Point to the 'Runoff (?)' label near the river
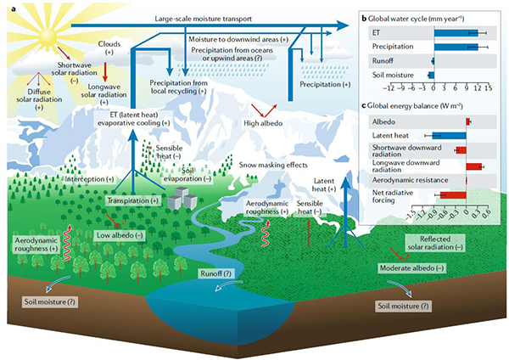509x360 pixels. (x=215, y=273)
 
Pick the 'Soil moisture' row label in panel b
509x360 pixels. (x=394, y=76)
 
